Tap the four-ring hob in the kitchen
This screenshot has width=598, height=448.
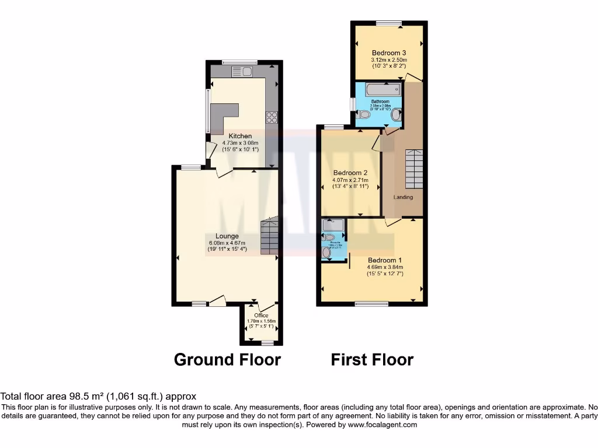click(272, 118)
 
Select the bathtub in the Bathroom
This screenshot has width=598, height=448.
click(383, 90)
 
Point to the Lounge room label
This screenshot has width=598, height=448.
click(227, 236)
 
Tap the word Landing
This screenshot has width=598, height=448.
click(403, 197)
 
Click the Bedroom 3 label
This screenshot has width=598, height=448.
click(389, 52)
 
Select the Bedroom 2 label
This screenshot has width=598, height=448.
click(350, 173)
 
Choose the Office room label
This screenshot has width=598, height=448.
click(261, 316)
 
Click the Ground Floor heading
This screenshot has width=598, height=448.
click(227, 359)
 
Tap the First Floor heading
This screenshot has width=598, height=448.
click(372, 359)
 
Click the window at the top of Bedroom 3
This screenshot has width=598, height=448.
click(389, 23)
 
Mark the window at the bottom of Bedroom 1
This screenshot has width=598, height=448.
click(372, 303)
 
